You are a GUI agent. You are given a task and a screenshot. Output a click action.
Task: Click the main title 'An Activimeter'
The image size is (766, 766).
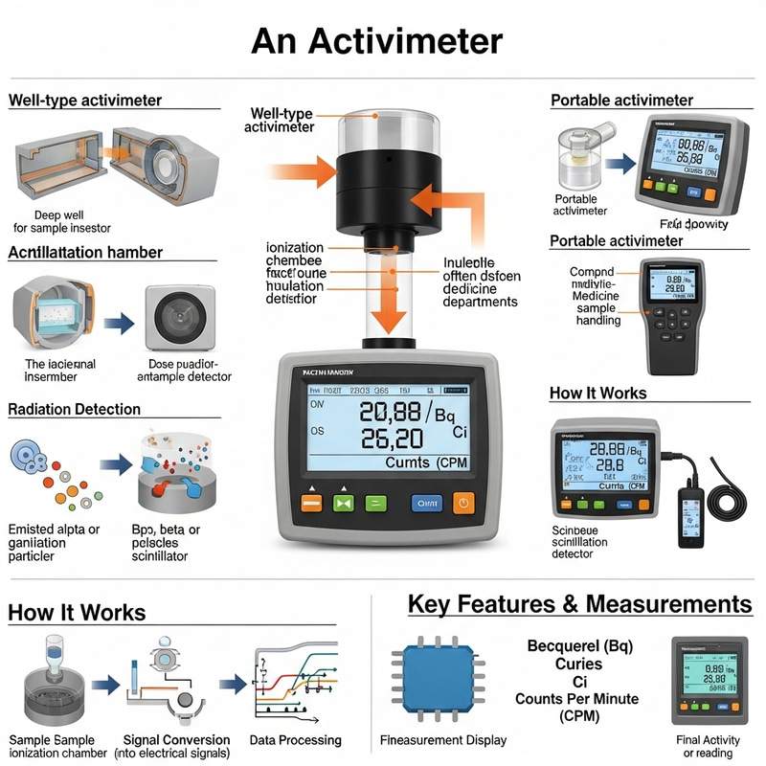point(376,41)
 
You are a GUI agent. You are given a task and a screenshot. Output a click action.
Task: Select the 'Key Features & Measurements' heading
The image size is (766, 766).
point(579,604)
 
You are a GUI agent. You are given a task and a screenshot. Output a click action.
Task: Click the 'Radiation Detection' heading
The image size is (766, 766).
point(74,409)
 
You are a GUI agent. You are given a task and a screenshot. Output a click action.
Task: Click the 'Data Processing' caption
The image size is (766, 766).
point(295,740)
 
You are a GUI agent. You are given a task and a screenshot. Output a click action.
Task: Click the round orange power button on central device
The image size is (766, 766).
point(463,502)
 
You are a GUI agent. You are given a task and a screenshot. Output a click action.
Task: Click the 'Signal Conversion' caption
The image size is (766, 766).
point(177,740)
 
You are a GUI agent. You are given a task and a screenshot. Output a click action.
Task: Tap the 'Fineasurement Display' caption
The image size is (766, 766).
point(443,740)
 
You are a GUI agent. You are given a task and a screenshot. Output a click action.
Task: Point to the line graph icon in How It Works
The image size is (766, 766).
point(295,682)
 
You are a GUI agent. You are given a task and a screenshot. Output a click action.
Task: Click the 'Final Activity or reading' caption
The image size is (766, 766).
point(708,746)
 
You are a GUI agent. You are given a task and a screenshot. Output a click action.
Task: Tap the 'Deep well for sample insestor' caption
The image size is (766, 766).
point(61,221)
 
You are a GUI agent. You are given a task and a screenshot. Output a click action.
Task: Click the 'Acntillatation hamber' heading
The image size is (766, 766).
point(85,253)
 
